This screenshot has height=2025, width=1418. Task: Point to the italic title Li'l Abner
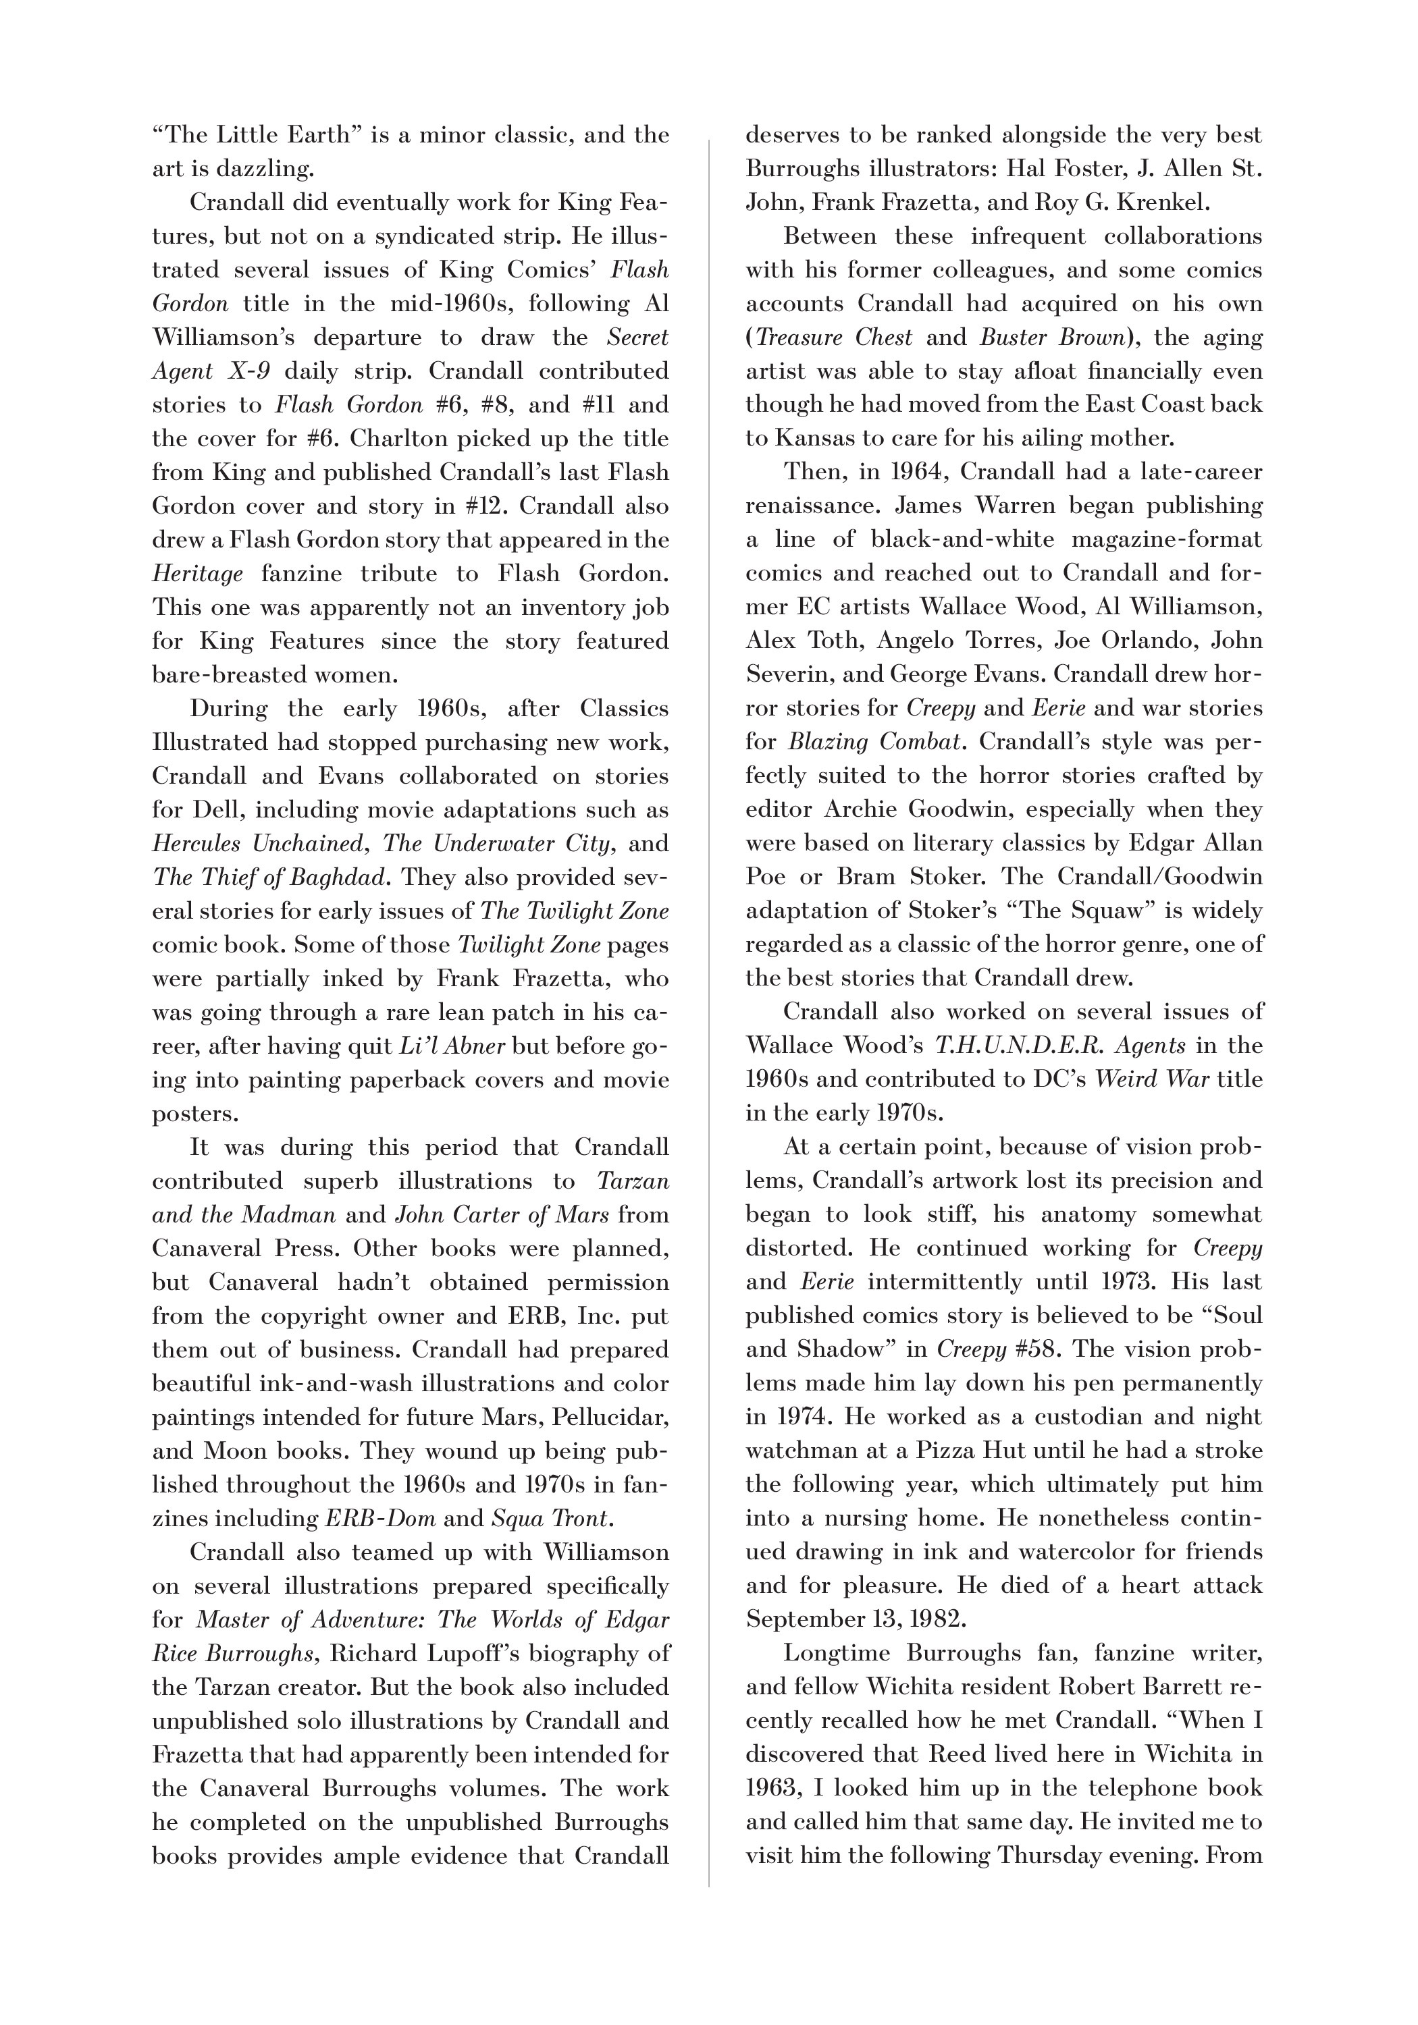[452, 1046]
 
